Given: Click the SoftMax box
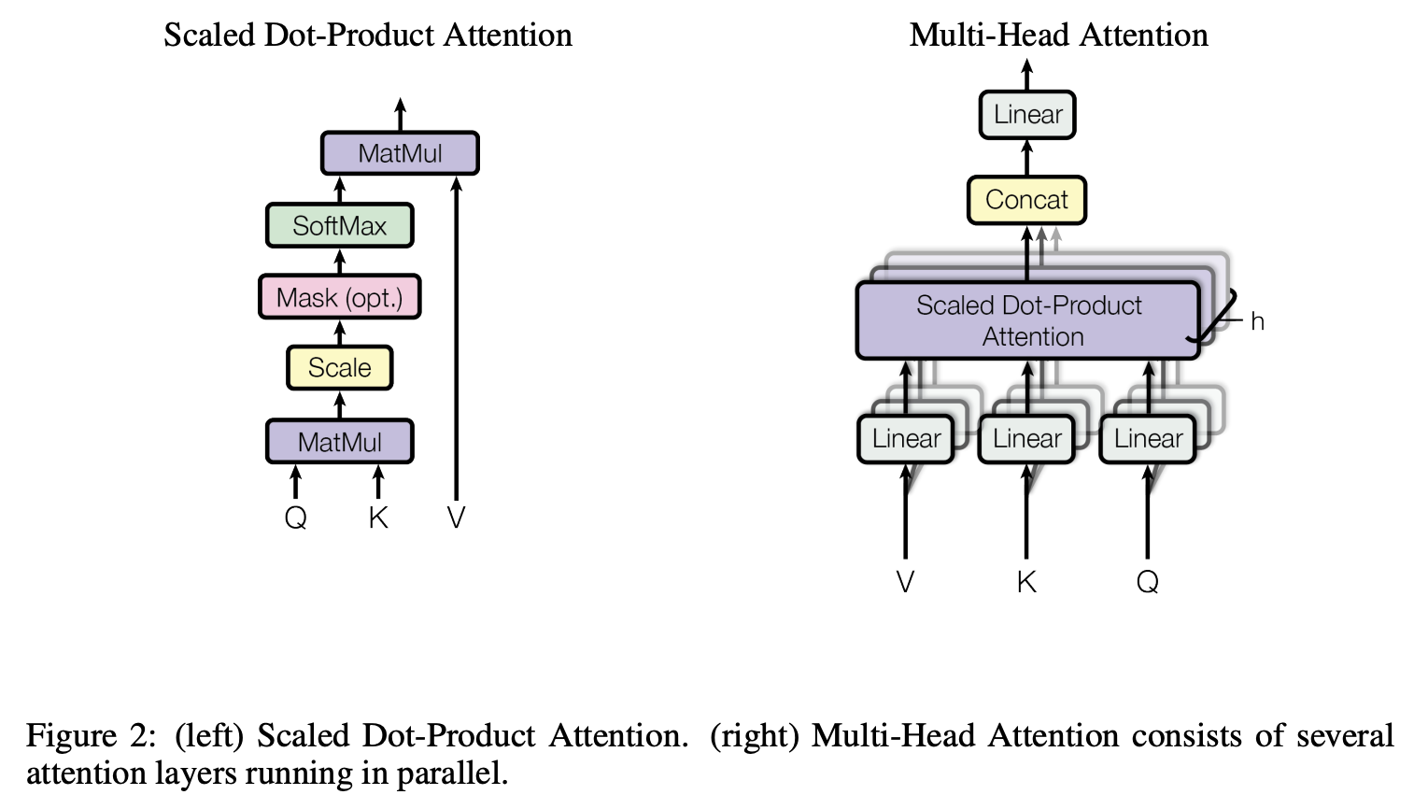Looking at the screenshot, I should click(339, 225).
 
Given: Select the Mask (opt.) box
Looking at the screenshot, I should click(339, 297).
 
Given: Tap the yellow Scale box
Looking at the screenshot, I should click(339, 367).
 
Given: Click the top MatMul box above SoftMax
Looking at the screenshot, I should click(400, 153).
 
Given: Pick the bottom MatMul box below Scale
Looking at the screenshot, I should click(339, 442).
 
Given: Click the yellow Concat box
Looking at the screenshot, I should click(1026, 200).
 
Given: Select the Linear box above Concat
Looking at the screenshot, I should click(1027, 115).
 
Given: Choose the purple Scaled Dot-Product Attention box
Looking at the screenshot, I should click(1028, 320).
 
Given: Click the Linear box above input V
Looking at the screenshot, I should click(906, 439).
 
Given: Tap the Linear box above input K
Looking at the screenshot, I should click(1026, 439).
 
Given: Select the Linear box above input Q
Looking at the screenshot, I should click(1148, 439).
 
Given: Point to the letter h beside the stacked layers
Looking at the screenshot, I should click(1257, 322).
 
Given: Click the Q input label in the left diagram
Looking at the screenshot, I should click(295, 518).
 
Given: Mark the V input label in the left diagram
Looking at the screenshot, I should click(456, 518).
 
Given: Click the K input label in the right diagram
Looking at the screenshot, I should click(1026, 582).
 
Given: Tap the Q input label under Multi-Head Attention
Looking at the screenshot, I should click(1148, 582).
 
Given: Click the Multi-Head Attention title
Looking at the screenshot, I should click(1058, 35).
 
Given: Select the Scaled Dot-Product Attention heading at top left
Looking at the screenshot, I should click(368, 35).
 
